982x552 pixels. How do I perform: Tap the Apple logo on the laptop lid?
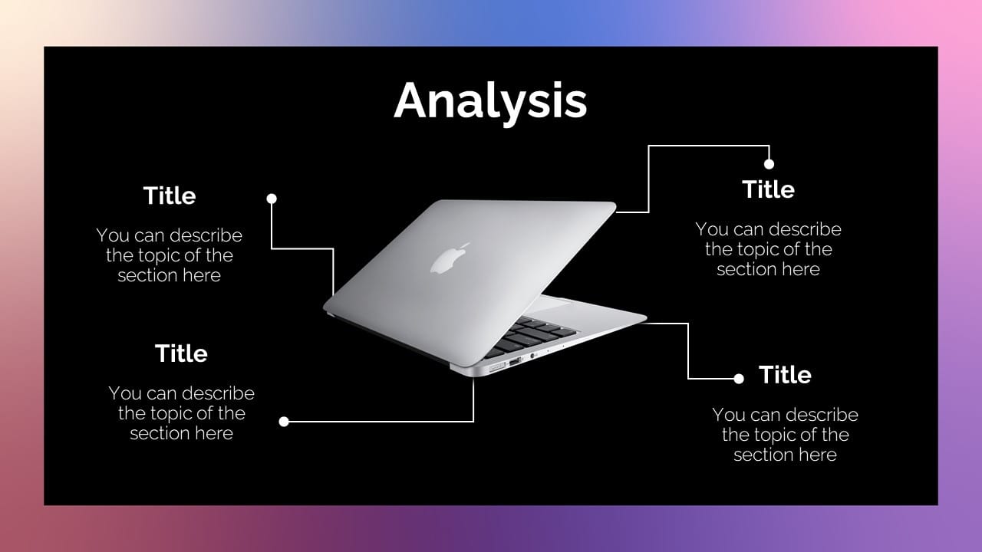click(x=449, y=259)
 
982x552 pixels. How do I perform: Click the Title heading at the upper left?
click(x=170, y=195)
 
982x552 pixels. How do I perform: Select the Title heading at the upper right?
click(x=768, y=189)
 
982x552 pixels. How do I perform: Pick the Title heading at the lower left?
click(x=181, y=353)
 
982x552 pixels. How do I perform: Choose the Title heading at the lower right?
click(x=785, y=375)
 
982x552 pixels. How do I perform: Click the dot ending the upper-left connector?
click(x=272, y=199)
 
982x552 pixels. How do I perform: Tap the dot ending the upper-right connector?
click(x=769, y=164)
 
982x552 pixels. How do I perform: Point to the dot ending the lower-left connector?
click(x=284, y=422)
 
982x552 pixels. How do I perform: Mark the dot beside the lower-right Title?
click(x=739, y=379)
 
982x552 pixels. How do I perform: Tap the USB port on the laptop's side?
click(x=515, y=362)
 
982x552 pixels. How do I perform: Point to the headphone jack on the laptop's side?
click(x=532, y=356)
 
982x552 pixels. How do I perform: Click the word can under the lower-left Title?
click(x=159, y=394)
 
